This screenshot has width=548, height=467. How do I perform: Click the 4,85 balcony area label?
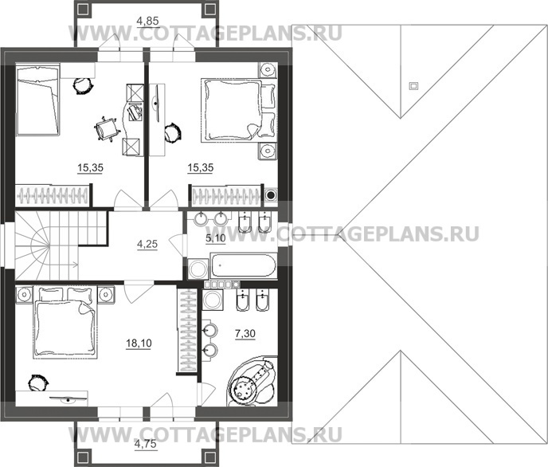tap(147, 21)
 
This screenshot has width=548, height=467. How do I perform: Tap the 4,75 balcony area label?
tap(146, 444)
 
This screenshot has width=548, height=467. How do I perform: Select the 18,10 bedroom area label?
tap(139, 343)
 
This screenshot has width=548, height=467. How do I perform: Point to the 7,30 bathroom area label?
tap(245, 334)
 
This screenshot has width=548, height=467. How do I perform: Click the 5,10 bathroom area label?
tap(216, 238)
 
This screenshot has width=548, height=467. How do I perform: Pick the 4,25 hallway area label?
tap(147, 244)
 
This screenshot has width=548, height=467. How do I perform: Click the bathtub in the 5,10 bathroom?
tap(243, 266)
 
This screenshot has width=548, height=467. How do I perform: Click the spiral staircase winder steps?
tap(32, 245)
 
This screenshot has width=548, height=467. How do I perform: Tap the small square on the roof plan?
tap(413, 85)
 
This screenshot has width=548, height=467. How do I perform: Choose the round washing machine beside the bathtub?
tap(197, 269)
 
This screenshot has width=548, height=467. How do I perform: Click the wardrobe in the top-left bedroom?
tap(53, 195)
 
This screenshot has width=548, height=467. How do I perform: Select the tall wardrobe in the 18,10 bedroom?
tap(187, 329)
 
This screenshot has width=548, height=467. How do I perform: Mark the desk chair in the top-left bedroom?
tap(107, 129)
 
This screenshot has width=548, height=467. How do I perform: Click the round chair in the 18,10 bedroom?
tap(37, 383)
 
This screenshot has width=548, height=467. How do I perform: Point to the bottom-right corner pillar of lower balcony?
tap(209, 458)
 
